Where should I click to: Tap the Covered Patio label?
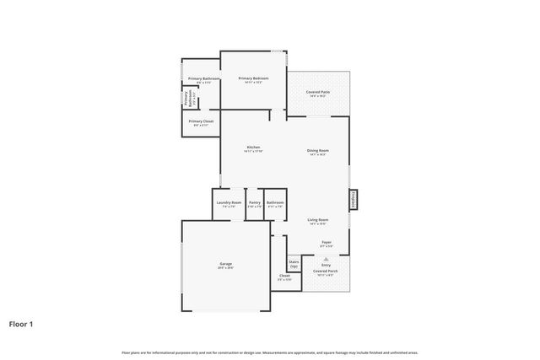tap(317, 94)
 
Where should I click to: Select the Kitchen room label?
tap(253, 148)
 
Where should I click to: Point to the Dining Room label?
tap(317, 151)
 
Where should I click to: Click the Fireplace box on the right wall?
tap(354, 199)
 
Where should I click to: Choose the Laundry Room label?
tap(229, 202)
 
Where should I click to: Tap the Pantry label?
tap(254, 202)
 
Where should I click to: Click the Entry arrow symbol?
tap(326, 259)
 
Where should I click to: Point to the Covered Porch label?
tap(326, 271)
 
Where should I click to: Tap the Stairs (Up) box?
tap(294, 264)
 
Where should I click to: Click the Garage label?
tap(225, 265)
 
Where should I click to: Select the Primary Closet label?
tap(201, 122)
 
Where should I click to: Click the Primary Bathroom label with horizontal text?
tap(203, 79)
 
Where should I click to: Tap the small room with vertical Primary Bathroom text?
tap(186, 99)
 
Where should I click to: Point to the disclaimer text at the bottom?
tap(269, 352)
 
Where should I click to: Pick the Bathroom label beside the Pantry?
tap(275, 202)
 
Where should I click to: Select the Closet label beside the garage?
tap(284, 277)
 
